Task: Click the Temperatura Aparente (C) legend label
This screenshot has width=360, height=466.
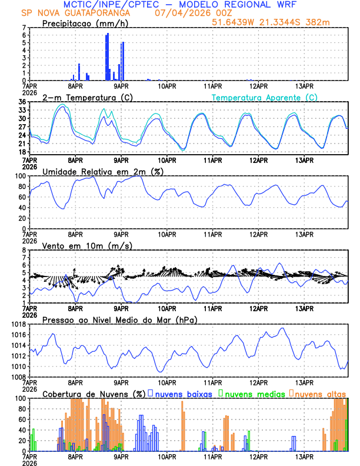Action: (x=265, y=97)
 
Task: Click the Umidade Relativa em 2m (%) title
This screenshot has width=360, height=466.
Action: (x=102, y=171)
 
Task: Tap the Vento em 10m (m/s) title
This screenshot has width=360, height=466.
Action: (x=87, y=245)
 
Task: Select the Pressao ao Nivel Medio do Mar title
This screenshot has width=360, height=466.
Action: (x=119, y=319)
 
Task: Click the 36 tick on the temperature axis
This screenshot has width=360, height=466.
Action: (x=22, y=102)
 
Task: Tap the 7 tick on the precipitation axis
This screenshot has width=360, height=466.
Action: (x=24, y=28)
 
